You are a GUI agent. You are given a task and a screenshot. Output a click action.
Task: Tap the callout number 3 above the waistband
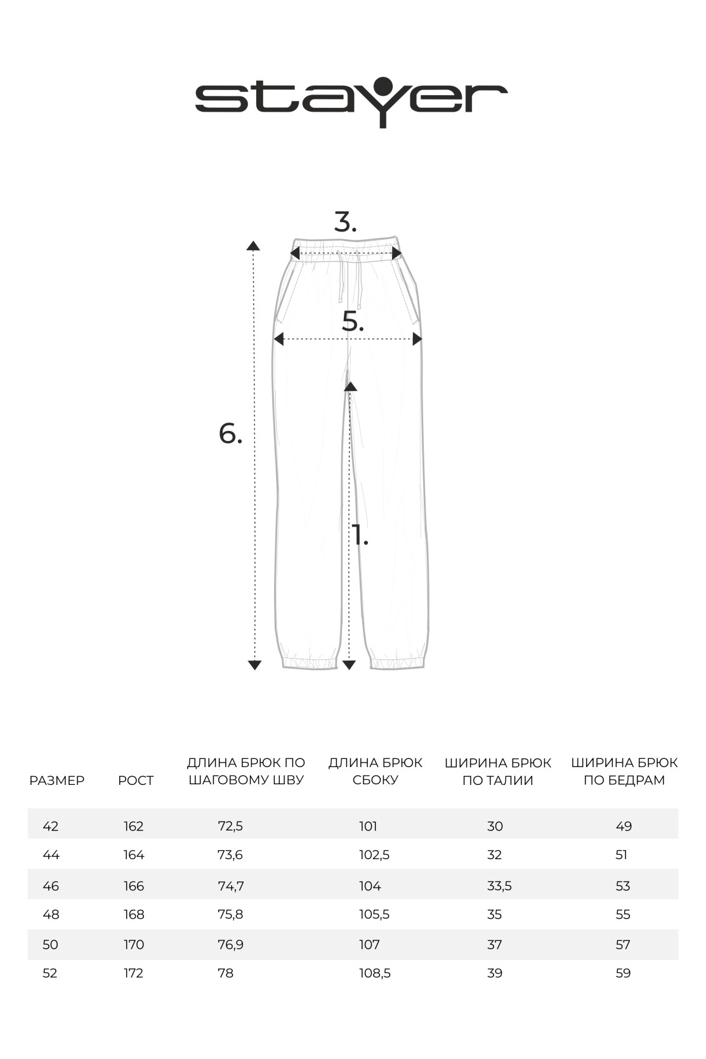345,223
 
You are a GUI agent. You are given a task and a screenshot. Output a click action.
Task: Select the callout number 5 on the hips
353,322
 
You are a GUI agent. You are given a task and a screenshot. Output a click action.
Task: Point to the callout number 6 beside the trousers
230,434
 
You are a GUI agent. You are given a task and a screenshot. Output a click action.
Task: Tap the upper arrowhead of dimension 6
253,246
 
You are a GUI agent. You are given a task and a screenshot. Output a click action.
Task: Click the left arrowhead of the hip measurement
278,339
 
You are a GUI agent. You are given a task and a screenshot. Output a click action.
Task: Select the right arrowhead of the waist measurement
397,254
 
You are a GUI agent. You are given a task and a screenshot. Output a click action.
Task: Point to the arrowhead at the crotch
350,386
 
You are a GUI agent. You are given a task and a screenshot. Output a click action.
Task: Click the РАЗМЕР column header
56,780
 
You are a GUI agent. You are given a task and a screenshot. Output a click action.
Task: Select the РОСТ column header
136,780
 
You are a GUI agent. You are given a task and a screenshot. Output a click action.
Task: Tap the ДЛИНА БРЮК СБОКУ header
375,772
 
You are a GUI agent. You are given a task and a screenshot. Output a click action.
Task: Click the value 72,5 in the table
230,826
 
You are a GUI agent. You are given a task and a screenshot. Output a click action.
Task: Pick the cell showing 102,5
374,855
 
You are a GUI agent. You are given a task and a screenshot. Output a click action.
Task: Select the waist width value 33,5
499,886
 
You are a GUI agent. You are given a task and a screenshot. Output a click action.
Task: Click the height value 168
134,914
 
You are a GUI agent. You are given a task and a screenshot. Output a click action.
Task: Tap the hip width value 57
623,945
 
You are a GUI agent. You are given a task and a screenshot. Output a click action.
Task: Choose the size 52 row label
49,973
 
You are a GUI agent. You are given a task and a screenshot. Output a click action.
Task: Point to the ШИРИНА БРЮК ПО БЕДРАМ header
624,772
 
